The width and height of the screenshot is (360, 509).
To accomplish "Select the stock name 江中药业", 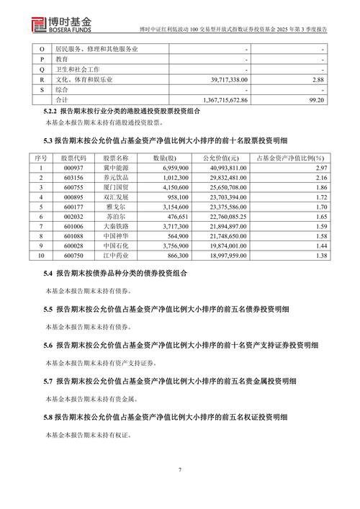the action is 115,256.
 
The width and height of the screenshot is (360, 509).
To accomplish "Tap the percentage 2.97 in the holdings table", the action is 318,167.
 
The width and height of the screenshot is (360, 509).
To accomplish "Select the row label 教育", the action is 51,60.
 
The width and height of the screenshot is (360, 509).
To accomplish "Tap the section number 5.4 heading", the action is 49,274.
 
